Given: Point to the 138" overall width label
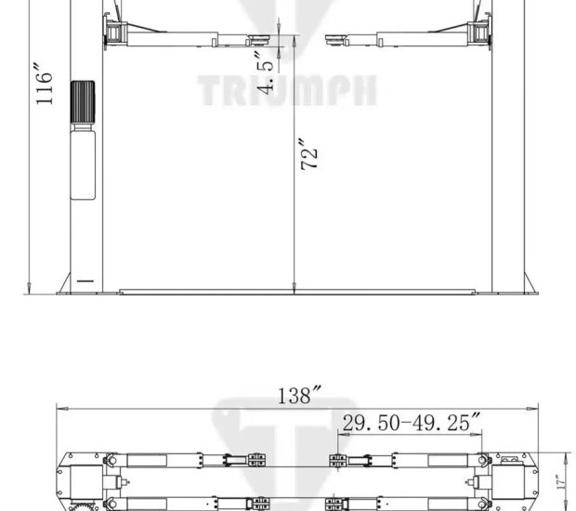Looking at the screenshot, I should pos(295,395).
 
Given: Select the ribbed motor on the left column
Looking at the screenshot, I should pos(85,102).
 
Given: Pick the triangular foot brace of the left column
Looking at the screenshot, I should pos(62,284).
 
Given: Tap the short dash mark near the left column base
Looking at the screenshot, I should pos(85,279).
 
